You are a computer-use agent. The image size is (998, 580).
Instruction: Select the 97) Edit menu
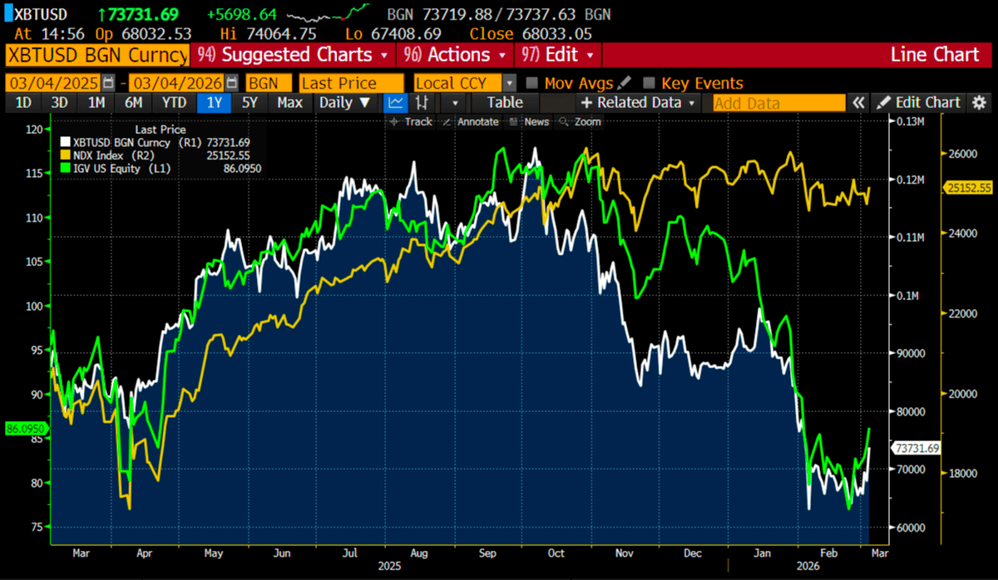557,56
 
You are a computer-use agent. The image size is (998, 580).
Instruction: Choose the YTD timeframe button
174,103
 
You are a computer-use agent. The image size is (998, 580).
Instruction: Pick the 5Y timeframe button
249,103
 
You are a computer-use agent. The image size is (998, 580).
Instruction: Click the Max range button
289,103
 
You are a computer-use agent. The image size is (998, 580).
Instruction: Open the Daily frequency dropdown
345,103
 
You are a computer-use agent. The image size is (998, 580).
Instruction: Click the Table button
505,103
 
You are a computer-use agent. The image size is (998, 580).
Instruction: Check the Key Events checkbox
650,83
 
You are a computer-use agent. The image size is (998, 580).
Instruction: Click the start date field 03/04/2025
53,83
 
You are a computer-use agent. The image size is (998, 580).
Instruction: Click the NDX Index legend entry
101,155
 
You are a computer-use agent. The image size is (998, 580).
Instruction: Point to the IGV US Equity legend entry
111,168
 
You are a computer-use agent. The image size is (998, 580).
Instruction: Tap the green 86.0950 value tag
25,429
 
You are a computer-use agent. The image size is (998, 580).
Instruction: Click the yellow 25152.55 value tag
968,188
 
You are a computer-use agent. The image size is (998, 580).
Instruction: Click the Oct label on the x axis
556,553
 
